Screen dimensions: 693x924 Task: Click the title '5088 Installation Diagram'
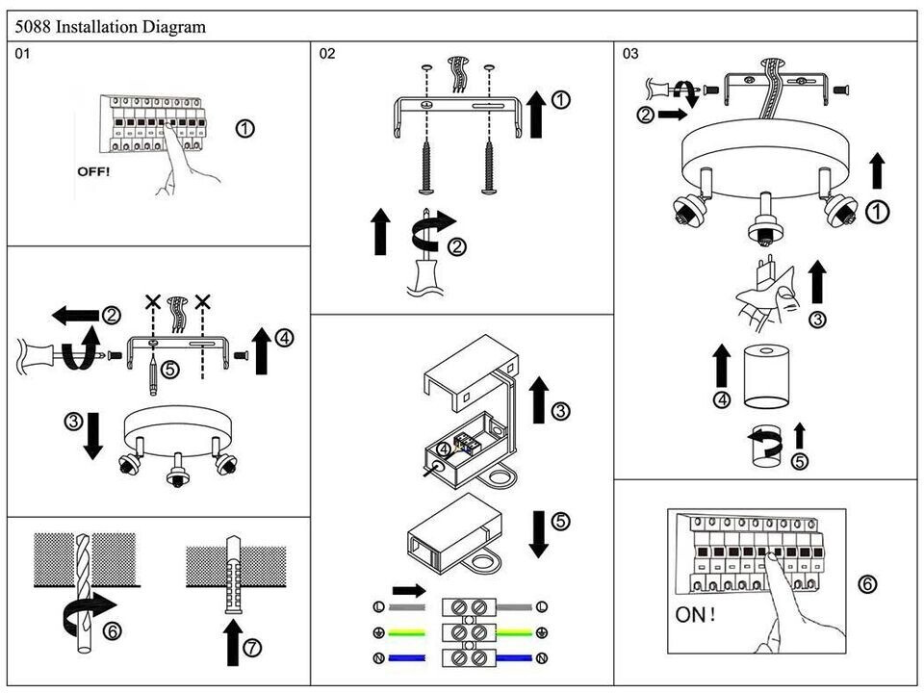click(111, 27)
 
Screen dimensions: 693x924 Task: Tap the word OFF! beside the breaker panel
click(93, 171)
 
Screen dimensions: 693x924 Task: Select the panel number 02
click(327, 54)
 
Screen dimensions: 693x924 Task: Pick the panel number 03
click(630, 54)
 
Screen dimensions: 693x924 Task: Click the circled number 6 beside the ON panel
click(867, 584)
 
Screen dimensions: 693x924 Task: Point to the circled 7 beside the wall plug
click(252, 648)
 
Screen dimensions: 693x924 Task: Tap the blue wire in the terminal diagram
click(408, 659)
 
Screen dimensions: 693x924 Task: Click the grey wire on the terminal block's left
click(408, 607)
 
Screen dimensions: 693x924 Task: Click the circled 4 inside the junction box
click(442, 448)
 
